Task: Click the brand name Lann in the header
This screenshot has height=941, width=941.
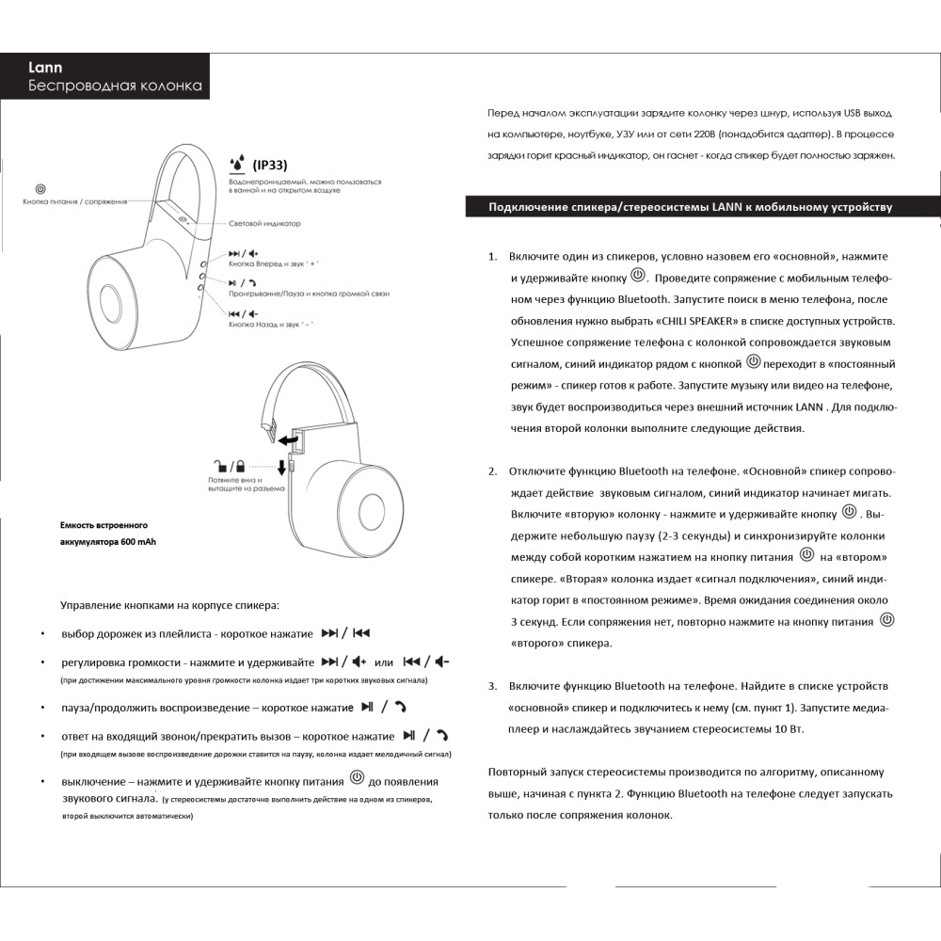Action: pyautogui.click(x=45, y=68)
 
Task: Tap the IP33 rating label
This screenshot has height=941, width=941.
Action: pyautogui.click(x=270, y=164)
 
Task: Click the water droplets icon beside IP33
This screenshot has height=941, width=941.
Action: pyautogui.click(x=237, y=163)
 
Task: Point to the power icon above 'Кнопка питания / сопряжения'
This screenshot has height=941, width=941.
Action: pyautogui.click(x=40, y=189)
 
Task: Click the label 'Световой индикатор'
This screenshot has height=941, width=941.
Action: pyautogui.click(x=264, y=224)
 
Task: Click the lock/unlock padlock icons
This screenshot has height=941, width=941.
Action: pyautogui.click(x=229, y=465)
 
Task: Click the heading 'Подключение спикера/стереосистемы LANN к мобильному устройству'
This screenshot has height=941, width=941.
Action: pyautogui.click(x=690, y=207)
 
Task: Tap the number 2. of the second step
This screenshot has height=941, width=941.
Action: pyautogui.click(x=492, y=470)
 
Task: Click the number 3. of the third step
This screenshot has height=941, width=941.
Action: pyautogui.click(x=492, y=686)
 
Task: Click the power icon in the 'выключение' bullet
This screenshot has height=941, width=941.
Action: pyautogui.click(x=357, y=777)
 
